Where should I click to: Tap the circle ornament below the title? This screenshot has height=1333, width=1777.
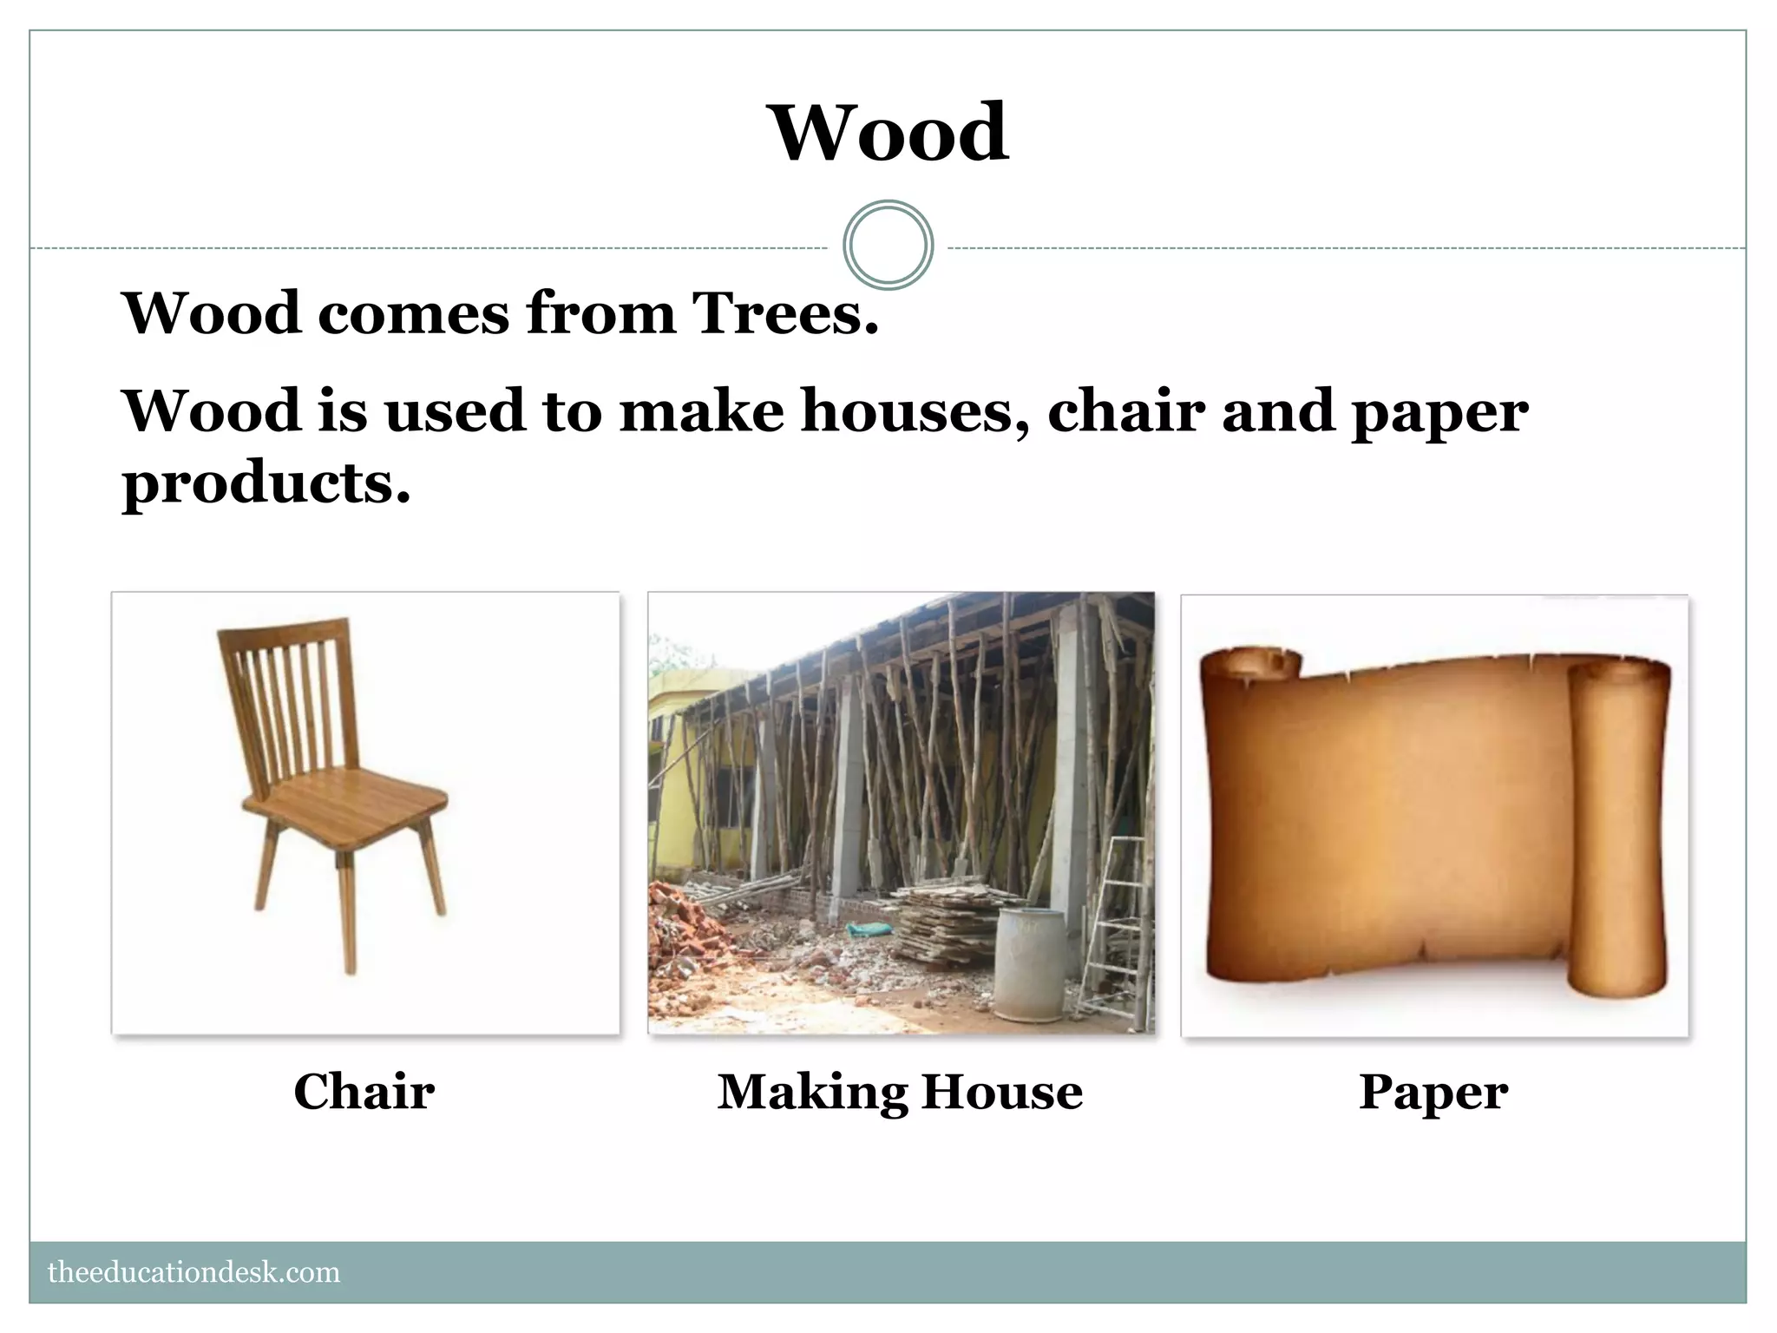point(888,245)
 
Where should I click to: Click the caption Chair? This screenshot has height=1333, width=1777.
point(364,1091)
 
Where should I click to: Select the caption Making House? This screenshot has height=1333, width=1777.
point(900,1091)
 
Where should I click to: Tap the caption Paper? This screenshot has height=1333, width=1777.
point(1433,1091)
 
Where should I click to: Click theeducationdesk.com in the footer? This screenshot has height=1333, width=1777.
point(193,1272)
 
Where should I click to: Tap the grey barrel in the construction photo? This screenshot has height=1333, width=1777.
point(1029,963)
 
